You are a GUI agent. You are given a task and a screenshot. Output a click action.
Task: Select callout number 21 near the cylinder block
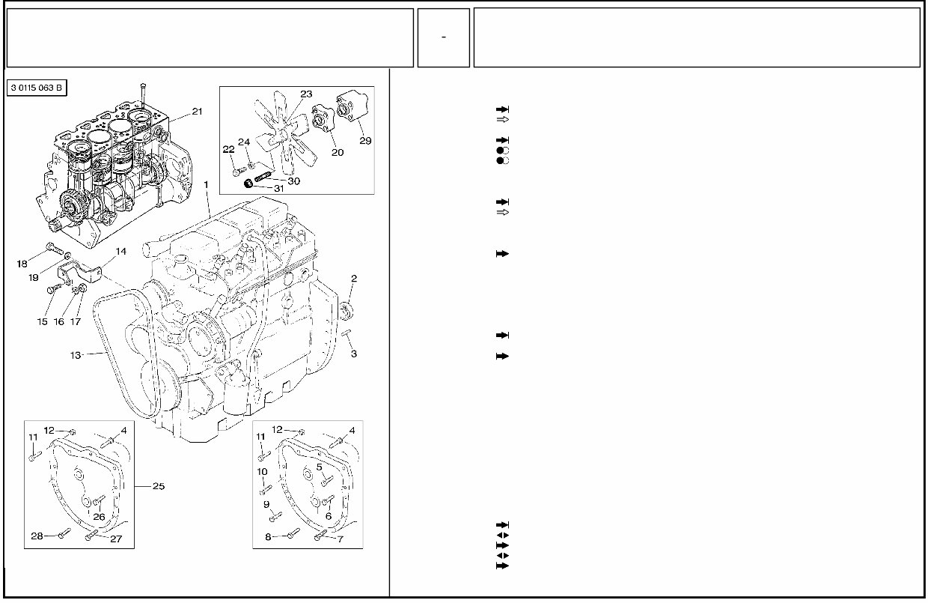(x=197, y=112)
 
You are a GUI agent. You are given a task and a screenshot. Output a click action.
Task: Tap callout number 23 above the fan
(x=306, y=94)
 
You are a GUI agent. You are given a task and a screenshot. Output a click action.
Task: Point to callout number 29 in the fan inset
(x=364, y=140)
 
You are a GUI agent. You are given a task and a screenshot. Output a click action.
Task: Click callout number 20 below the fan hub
(x=338, y=152)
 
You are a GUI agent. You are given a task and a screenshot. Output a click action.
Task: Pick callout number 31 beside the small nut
(x=278, y=189)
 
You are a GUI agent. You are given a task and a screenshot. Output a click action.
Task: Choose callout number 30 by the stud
(x=293, y=181)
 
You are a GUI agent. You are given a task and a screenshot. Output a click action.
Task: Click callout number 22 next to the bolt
(x=228, y=149)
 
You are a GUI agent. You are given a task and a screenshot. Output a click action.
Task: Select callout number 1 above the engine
(x=205, y=184)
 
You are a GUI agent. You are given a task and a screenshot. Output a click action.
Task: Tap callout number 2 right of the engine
(x=354, y=278)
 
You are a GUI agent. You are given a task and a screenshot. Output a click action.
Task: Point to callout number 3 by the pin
(x=354, y=354)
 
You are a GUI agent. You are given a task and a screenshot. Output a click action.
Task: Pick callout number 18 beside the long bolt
(x=22, y=263)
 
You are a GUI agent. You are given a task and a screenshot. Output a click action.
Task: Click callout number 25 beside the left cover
(x=159, y=486)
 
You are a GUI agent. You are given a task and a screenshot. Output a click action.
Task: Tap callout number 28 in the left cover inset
(x=37, y=535)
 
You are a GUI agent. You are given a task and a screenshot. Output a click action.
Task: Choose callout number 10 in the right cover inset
(x=262, y=471)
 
